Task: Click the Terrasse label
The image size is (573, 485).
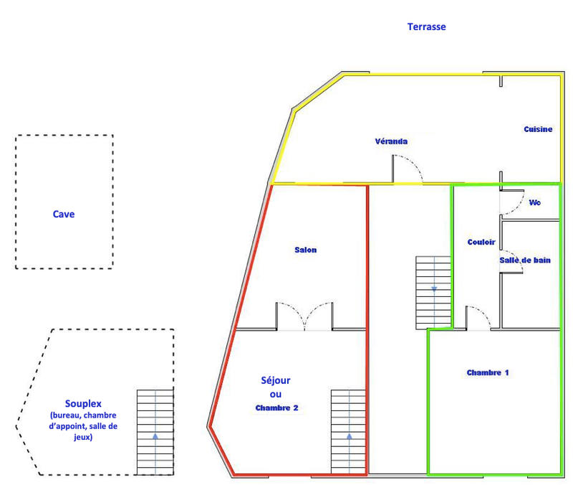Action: point(426,27)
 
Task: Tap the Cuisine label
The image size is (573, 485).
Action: point(537,129)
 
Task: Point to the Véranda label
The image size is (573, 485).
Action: point(391,141)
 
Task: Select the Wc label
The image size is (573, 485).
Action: point(534,202)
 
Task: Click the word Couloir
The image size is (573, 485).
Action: point(481,242)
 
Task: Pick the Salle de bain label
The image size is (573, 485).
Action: point(525,260)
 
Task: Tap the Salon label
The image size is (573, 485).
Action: point(305,250)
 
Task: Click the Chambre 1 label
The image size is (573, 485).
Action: point(487,372)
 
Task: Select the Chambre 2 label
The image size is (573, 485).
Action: point(276,408)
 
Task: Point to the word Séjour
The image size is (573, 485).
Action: point(276,380)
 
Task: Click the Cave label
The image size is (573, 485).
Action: point(64,214)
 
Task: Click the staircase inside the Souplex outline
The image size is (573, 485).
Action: point(155,432)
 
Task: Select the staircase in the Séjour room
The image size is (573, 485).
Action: point(349,432)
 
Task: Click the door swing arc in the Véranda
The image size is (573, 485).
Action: point(410,170)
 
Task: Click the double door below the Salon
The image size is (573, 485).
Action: point(304,316)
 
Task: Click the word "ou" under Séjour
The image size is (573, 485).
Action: point(276,395)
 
